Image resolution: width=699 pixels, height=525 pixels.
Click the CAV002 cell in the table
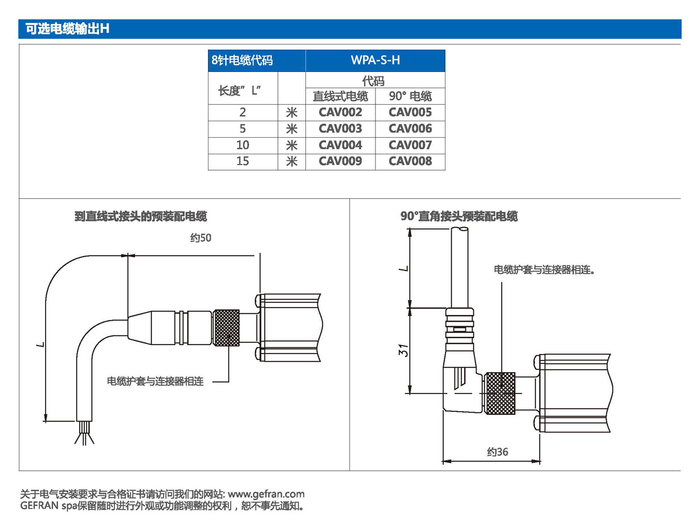point(340,112)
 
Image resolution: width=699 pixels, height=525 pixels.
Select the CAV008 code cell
point(410,161)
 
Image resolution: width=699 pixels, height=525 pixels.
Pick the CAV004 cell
point(340,145)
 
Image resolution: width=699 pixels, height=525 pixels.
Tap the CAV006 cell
point(410,129)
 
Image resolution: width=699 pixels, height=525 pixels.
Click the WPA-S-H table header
point(375,60)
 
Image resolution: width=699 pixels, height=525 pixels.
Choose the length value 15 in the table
point(243,161)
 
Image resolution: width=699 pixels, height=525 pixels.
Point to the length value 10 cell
point(243,145)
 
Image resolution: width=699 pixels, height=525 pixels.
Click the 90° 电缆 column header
point(410,96)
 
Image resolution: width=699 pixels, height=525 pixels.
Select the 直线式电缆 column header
point(340,96)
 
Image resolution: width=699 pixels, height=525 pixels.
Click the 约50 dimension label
point(201,238)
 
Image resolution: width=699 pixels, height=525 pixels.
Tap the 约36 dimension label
point(497,452)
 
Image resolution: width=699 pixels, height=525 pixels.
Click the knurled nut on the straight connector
point(227,329)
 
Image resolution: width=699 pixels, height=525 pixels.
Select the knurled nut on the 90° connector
point(499,393)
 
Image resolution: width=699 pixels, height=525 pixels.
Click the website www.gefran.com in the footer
point(266,494)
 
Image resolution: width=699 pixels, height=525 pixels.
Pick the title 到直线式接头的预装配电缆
point(140,216)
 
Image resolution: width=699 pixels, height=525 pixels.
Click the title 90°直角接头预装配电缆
point(459,216)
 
